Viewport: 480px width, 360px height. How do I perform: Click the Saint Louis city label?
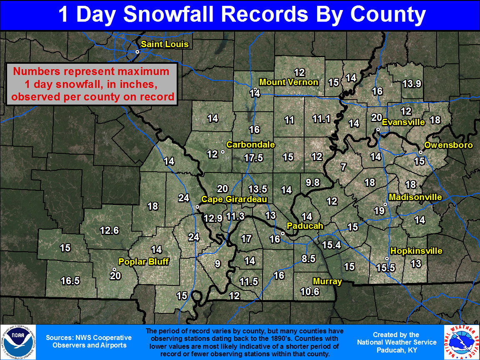point(165,45)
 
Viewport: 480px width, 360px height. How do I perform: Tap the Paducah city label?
point(305,226)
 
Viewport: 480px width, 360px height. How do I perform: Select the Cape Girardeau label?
point(234,200)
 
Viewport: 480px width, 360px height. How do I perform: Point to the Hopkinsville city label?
point(416,251)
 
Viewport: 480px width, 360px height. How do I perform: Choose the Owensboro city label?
point(448,145)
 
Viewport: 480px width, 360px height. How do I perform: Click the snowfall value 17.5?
point(253,158)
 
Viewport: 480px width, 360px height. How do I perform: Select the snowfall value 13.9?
point(412,84)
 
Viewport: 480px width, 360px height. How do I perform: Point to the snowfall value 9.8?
point(312,182)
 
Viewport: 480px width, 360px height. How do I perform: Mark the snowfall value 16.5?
point(70,281)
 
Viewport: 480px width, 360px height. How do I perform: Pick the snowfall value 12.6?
point(110,230)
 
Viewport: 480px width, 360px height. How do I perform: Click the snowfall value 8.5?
point(308,259)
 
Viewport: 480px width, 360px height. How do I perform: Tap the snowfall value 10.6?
point(310,292)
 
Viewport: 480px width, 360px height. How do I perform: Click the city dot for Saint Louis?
point(137,52)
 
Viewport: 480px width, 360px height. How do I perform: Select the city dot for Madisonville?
point(385,205)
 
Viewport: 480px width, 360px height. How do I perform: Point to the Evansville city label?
point(403,122)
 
